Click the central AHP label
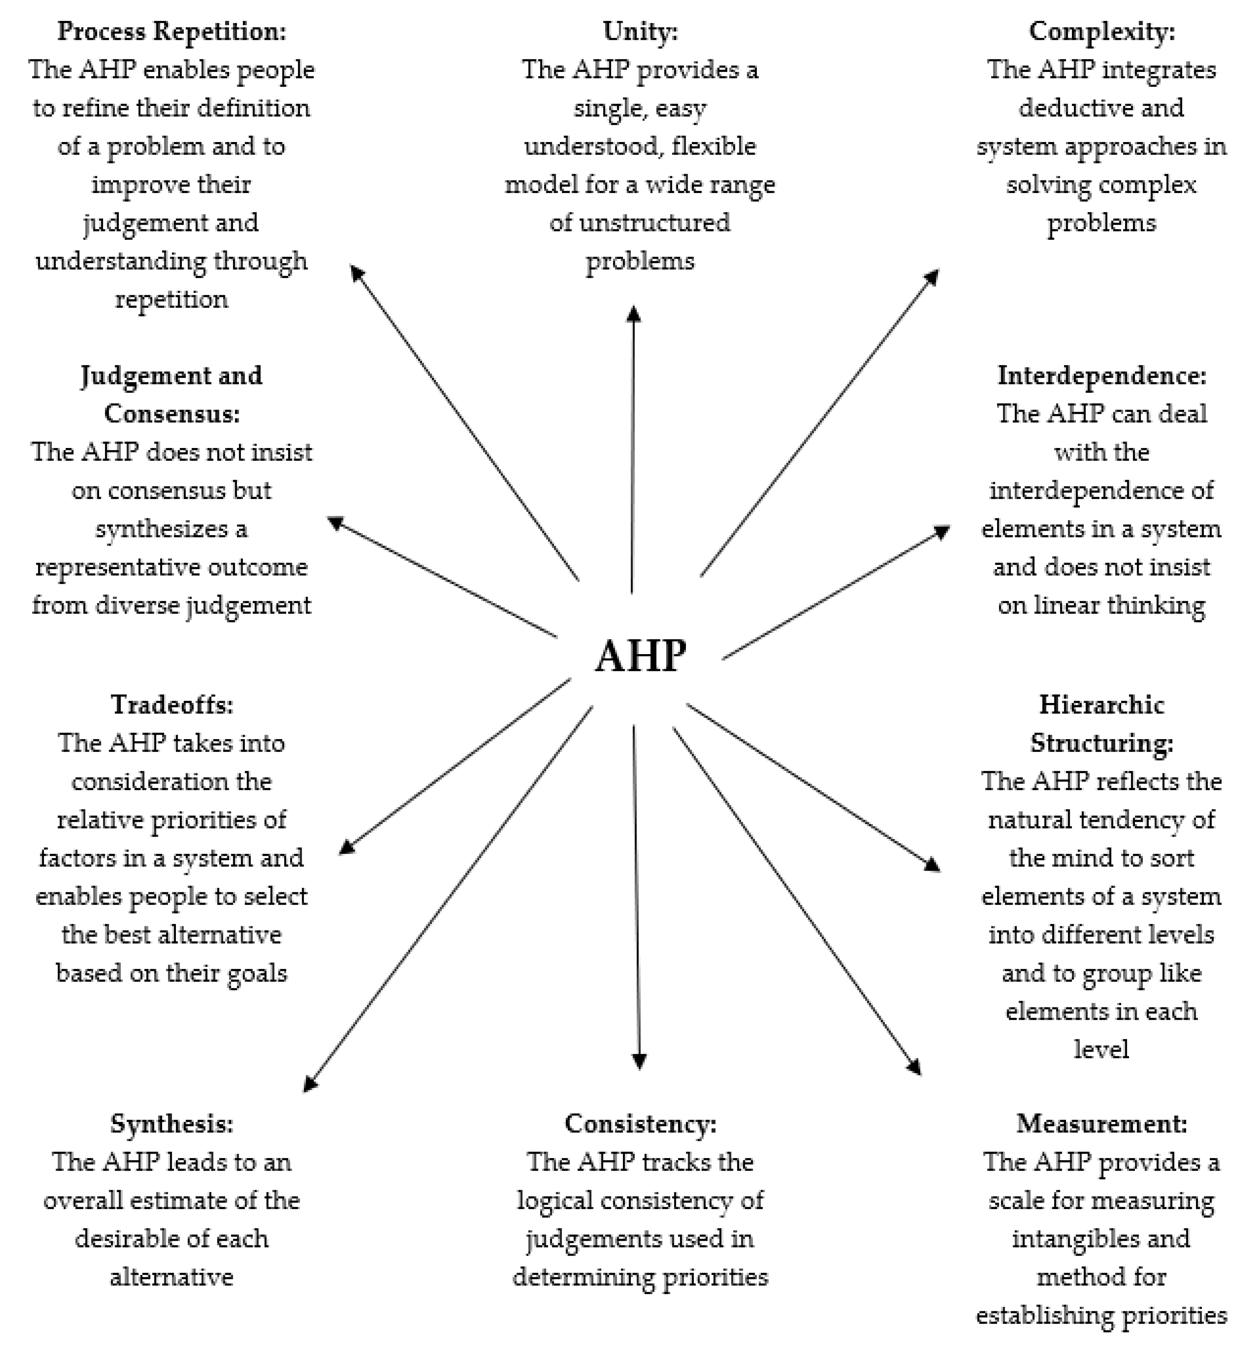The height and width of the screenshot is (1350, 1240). coord(641,656)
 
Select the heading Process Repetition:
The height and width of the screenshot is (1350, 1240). coord(172,32)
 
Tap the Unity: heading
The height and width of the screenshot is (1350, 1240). coord(640,32)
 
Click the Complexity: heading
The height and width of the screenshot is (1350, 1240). coord(1102,32)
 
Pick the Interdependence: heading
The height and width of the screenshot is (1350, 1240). coord(1102,376)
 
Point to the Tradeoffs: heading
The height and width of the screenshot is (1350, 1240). coord(172,705)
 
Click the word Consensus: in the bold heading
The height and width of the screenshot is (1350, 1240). coord(172,414)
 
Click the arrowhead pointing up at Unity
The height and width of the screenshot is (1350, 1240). coord(633,314)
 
